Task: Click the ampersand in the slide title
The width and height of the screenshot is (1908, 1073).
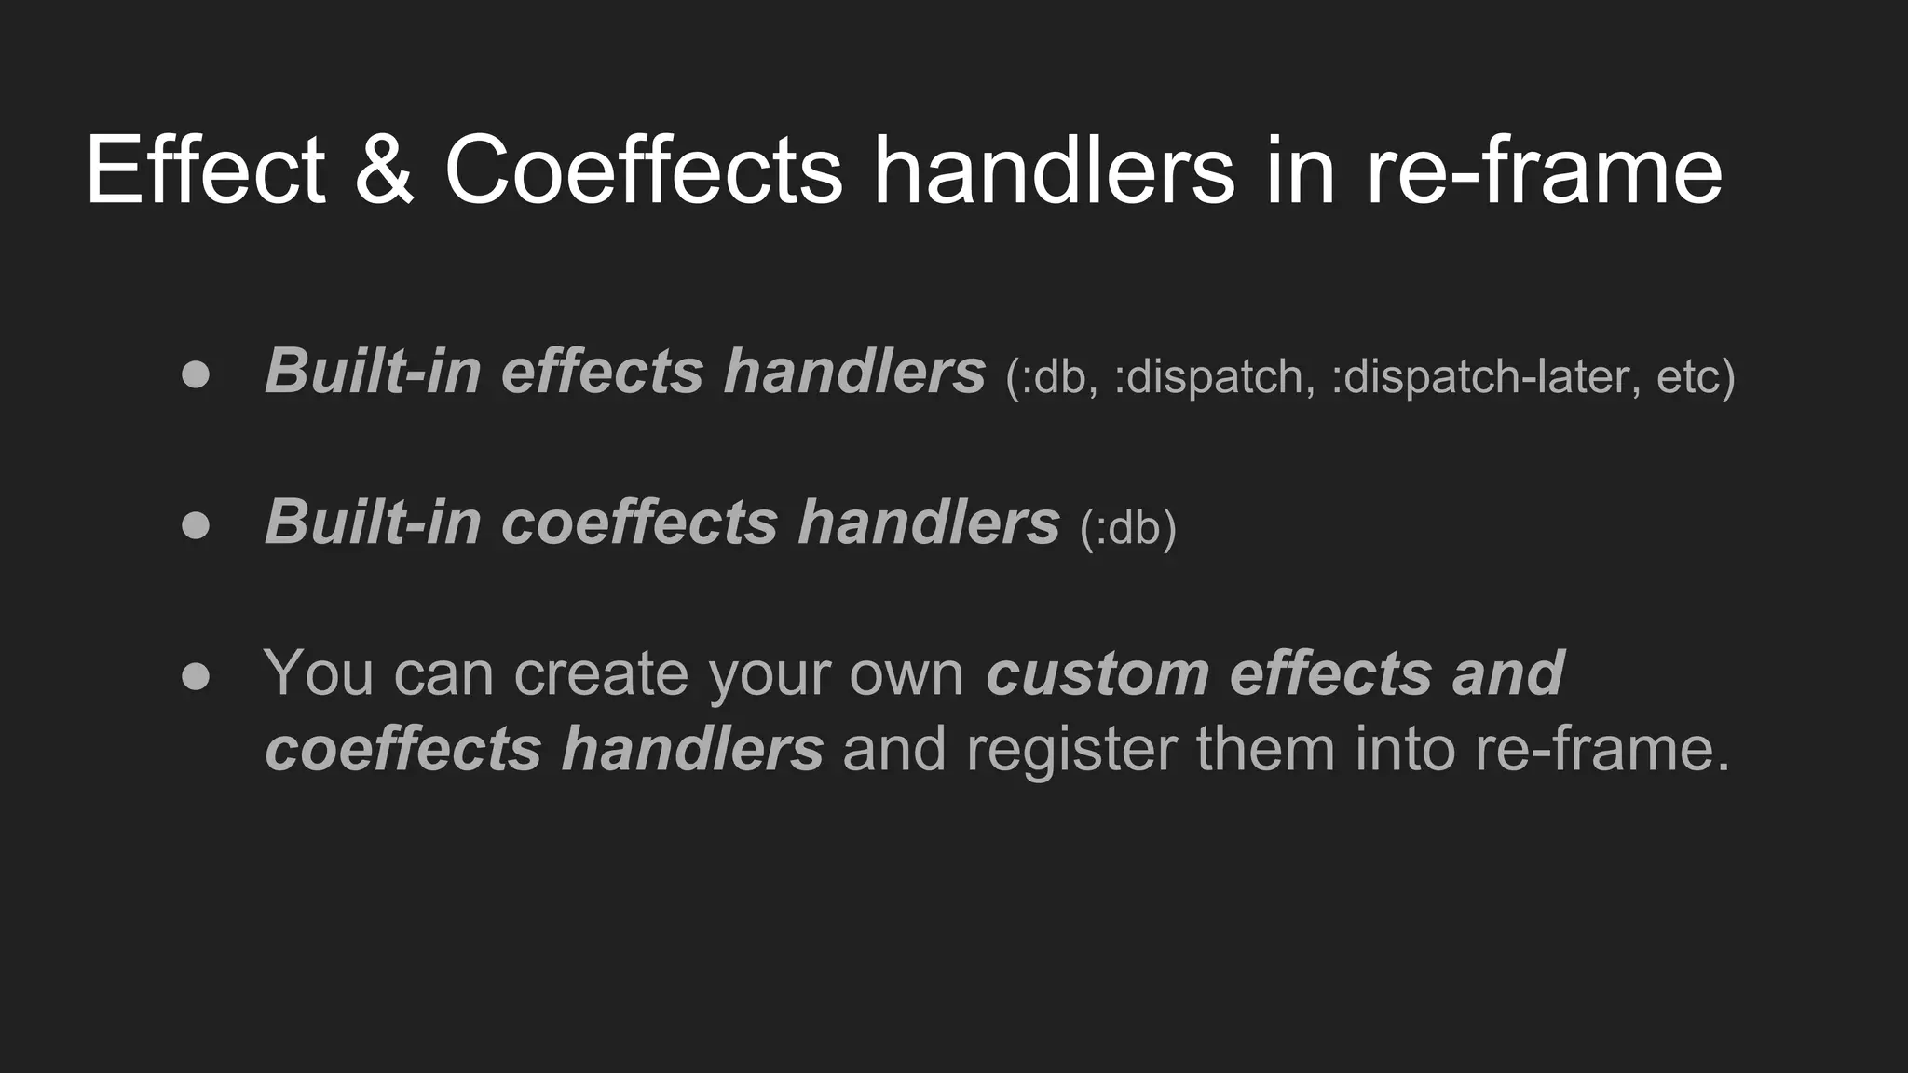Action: pos(384,170)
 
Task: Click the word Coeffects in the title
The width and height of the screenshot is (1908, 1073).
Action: pos(643,170)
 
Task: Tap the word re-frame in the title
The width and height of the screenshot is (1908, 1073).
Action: pos(1544,170)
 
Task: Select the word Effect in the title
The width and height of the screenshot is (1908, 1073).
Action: pos(205,170)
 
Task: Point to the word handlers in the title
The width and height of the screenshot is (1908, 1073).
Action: pos(1054,170)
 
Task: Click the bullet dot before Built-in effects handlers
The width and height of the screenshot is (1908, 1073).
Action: pos(196,374)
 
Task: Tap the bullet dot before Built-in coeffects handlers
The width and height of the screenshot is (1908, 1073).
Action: pos(196,524)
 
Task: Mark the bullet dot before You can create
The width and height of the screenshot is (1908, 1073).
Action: pos(196,675)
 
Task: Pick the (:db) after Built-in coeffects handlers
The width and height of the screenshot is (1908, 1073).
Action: pos(1127,528)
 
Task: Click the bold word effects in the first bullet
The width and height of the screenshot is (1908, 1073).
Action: pos(602,372)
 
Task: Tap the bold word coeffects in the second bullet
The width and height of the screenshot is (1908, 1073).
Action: pos(639,522)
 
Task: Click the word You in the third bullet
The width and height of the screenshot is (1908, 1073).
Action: pos(318,672)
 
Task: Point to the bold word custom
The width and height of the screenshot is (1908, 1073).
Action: pos(1097,672)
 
